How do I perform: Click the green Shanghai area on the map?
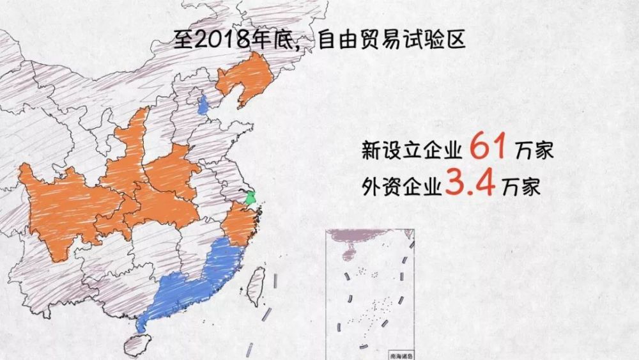coord(251,199)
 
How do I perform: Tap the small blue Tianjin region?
coord(203,104)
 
